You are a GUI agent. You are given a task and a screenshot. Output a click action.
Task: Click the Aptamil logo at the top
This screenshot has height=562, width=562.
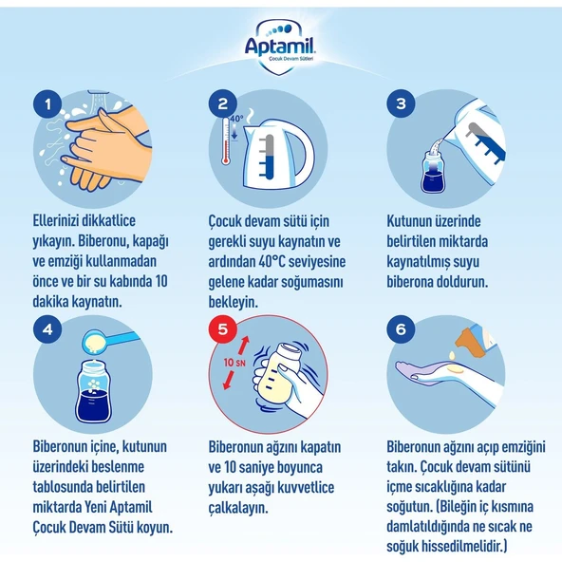coord(279,47)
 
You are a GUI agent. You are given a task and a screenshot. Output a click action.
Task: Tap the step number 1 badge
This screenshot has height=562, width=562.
coord(47,104)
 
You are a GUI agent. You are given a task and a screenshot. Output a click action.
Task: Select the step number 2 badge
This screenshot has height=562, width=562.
coord(223,103)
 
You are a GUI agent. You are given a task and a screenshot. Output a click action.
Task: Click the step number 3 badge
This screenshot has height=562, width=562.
coord(401,103)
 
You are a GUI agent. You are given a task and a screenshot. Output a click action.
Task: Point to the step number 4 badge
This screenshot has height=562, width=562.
coord(47,329)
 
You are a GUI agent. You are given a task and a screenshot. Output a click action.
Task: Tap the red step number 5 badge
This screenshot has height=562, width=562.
coord(223,328)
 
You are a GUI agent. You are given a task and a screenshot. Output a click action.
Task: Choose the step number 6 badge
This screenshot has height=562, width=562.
coord(401,328)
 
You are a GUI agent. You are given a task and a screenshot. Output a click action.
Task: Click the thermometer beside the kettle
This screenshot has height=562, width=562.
coord(225,140)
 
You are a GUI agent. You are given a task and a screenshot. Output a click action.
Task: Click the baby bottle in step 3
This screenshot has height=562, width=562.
coord(433,172)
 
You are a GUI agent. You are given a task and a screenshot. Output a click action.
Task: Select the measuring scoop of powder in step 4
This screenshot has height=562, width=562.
coord(107,341)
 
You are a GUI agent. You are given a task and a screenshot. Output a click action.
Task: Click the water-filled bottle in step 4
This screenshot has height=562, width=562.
coord(94,392)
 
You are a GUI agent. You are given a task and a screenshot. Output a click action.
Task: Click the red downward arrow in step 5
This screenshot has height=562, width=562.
coord(229,381)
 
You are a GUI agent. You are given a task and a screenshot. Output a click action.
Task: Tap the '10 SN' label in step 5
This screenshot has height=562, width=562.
coord(234,363)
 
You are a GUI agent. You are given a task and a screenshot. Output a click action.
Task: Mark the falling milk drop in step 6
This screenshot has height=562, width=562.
coord(452,355)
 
